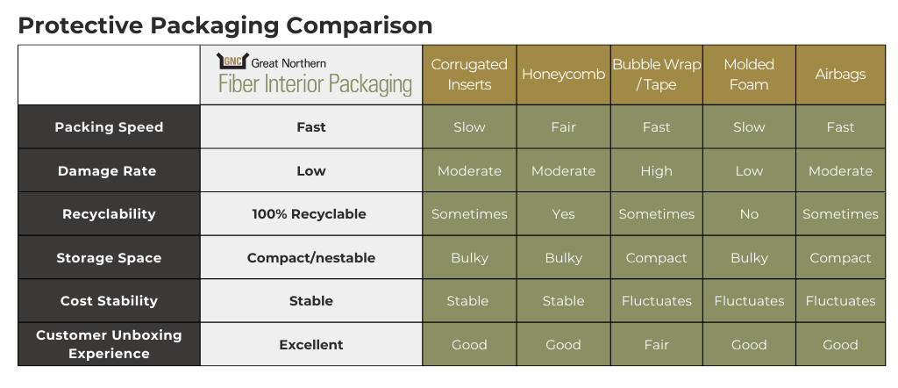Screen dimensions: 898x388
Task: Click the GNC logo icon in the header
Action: click(232, 61)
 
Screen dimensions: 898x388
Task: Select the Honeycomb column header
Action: click(564, 75)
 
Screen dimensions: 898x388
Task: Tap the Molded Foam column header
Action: click(749, 75)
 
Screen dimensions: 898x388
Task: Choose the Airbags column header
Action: click(841, 75)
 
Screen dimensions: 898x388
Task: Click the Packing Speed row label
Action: click(109, 127)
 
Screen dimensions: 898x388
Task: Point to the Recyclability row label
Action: click(109, 214)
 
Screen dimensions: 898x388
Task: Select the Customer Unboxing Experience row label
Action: click(109, 344)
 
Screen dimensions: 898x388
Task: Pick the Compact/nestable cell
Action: click(311, 258)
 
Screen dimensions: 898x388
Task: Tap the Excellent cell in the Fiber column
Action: click(311, 344)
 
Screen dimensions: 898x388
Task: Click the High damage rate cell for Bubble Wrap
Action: click(656, 171)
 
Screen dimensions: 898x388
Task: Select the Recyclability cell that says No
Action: click(749, 214)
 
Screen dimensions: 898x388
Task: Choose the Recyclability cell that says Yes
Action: click(564, 214)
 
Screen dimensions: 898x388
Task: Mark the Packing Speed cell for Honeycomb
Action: click(564, 127)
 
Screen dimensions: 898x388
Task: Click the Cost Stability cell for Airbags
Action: click(841, 301)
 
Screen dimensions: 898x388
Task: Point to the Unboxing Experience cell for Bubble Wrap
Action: click(656, 344)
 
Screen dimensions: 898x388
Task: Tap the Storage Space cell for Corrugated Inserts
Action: click(470, 258)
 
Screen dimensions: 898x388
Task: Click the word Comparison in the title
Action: click(359, 25)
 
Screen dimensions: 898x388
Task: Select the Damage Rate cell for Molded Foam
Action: click(749, 171)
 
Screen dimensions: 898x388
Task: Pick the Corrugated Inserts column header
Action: click(470, 75)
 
